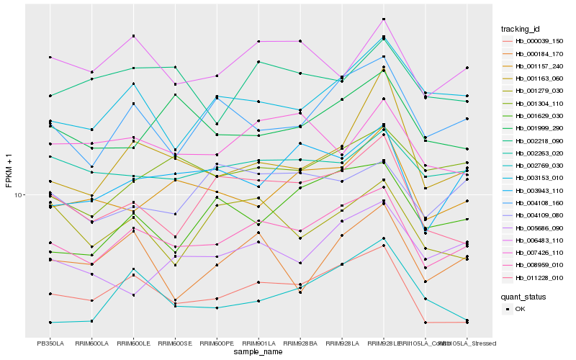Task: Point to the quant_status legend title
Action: coord(523,297)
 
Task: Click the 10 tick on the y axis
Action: coord(20,195)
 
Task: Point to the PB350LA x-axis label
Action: coord(50,343)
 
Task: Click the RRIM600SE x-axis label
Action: coord(175,343)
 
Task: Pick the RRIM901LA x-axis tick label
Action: coord(258,343)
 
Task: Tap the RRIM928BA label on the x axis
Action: coord(300,343)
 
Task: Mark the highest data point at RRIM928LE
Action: coord(384,19)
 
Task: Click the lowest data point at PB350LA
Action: coord(50,322)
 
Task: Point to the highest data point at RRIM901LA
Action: coord(258,42)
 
